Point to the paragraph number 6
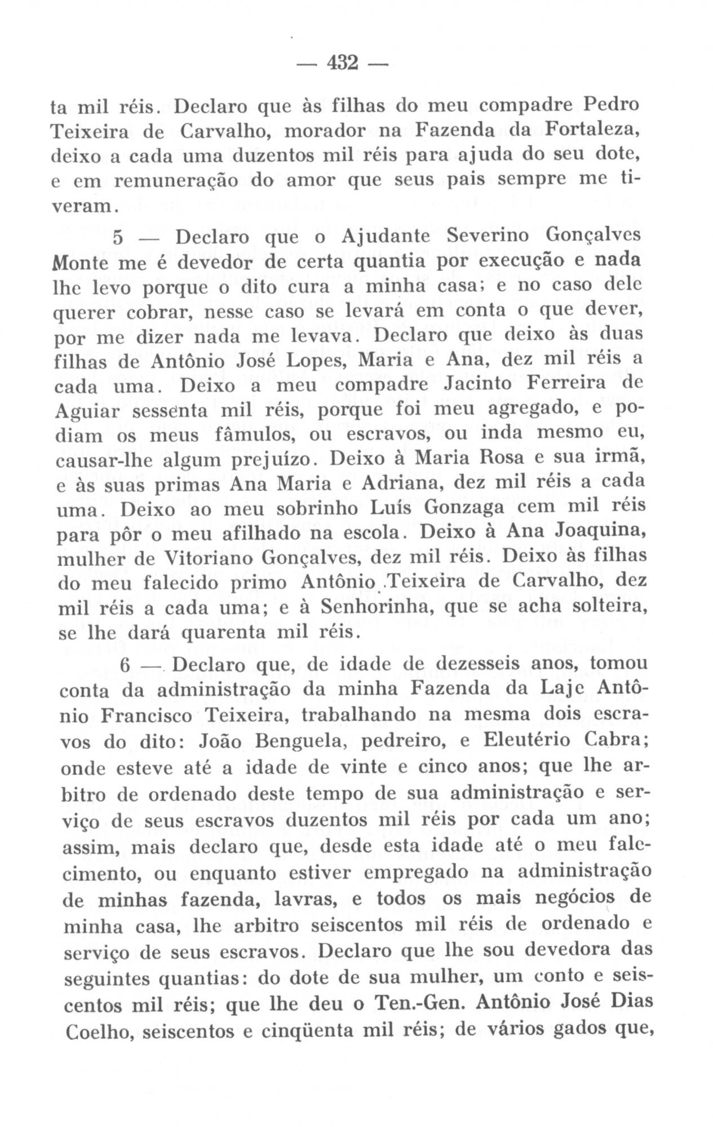(125, 665)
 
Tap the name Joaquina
(597, 532)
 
